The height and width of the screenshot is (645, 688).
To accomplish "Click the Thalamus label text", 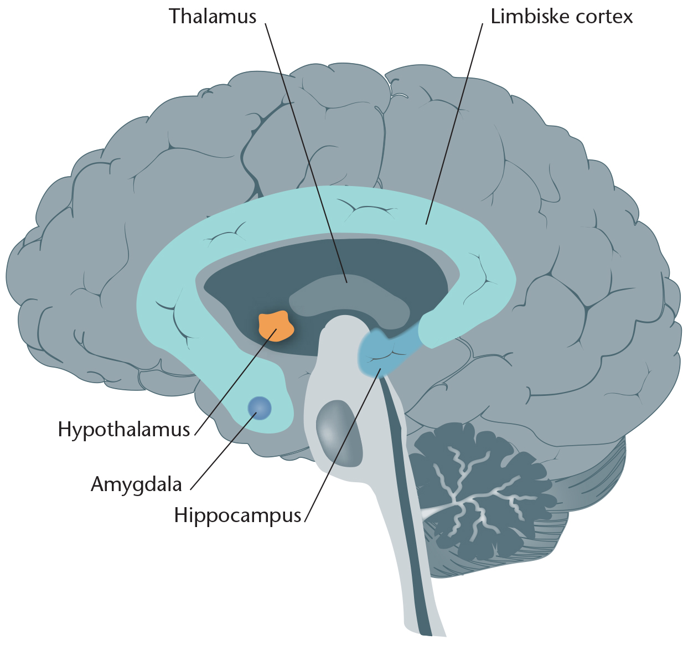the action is pyautogui.click(x=213, y=16).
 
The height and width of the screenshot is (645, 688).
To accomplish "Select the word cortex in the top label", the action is pyautogui.click(x=603, y=17).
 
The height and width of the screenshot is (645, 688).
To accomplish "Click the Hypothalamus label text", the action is pyautogui.click(x=123, y=430).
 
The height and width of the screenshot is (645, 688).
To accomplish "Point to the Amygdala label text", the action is pyautogui.click(x=136, y=484).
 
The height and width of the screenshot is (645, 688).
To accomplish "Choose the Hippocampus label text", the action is pyautogui.click(x=237, y=515).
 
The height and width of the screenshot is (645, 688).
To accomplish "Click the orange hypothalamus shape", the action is pyautogui.click(x=276, y=326).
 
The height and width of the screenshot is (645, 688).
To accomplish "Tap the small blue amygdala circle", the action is pyautogui.click(x=260, y=408).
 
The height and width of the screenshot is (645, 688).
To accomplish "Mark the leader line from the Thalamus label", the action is pyautogui.click(x=306, y=153).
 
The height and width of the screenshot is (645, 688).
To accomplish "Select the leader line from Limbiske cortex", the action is pyautogui.click(x=454, y=123).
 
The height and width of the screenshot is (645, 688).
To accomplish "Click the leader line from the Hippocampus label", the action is pyautogui.click(x=343, y=445).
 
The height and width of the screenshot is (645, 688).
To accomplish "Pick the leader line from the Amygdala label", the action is pyautogui.click(x=224, y=451).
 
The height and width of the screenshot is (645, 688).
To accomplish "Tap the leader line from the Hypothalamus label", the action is pyautogui.click(x=236, y=381).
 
